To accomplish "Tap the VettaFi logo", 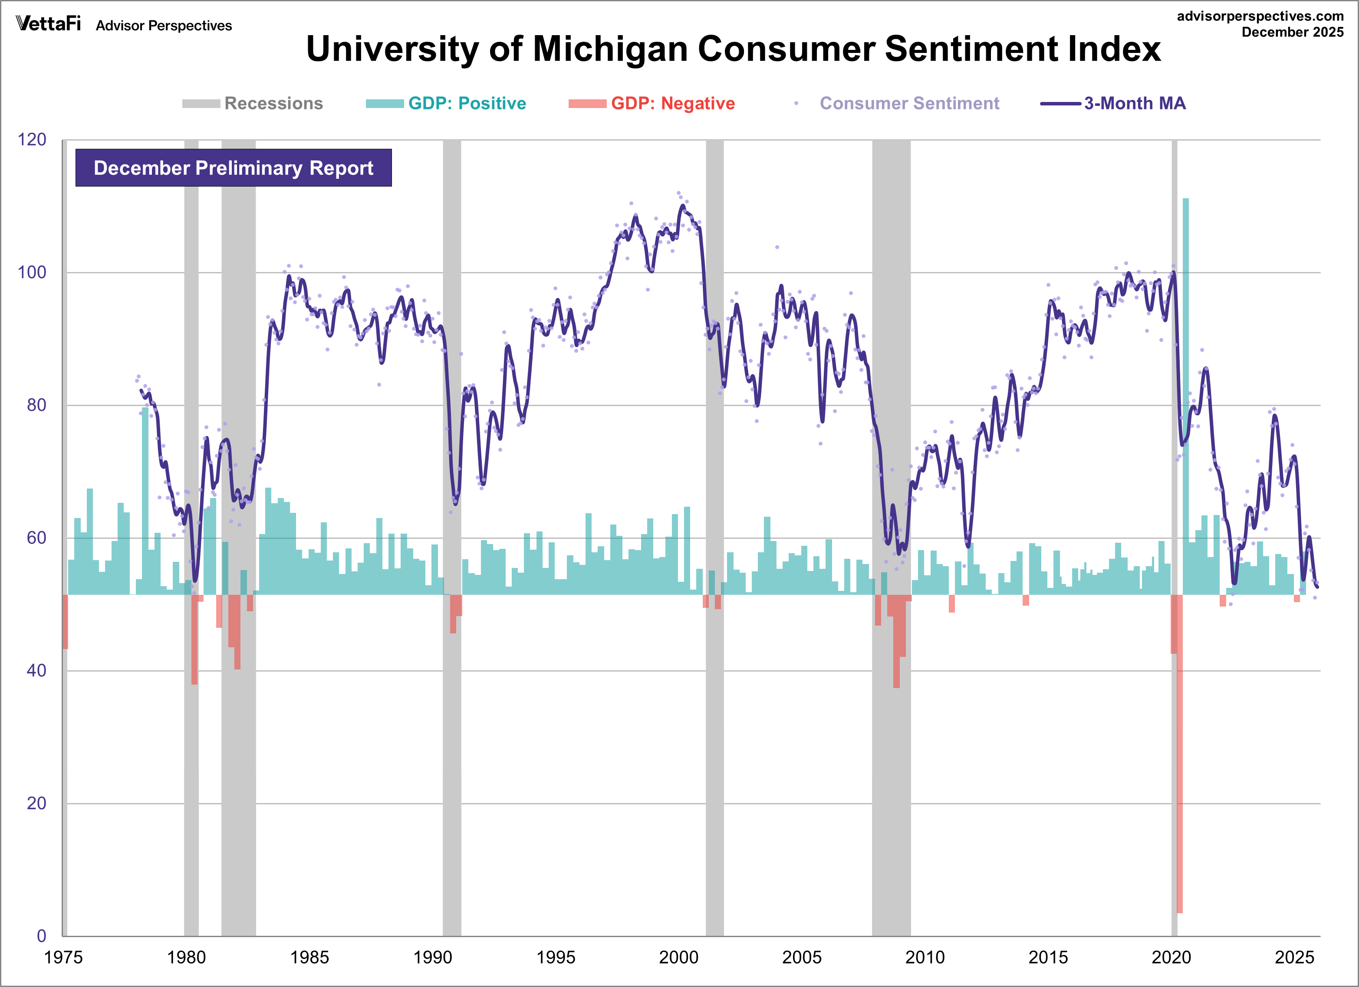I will [x=48, y=24].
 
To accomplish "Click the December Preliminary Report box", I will [x=233, y=168].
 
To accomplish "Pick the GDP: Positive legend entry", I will [x=446, y=104].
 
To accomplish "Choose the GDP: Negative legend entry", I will [x=652, y=104].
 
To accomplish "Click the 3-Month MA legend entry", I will [x=1113, y=104].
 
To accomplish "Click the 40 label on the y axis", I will [x=36, y=670].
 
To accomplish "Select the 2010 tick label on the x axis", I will [x=925, y=957].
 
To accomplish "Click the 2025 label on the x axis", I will [x=1294, y=957].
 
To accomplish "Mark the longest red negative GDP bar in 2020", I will [x=1180, y=754].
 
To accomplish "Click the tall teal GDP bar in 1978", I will [x=145, y=500].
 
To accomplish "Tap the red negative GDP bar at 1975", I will [x=65, y=622].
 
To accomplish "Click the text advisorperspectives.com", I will [x=1260, y=16].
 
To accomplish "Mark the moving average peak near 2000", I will [x=682, y=206].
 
